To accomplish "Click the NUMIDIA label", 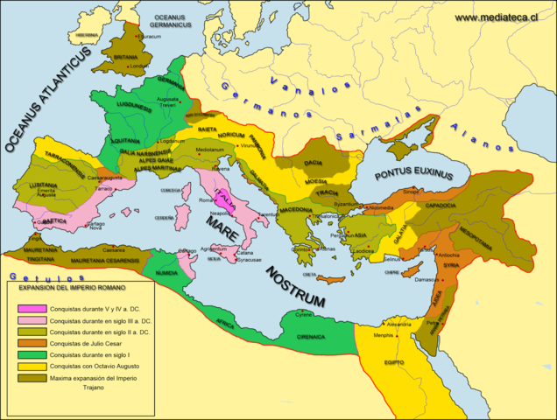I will click(x=167, y=272).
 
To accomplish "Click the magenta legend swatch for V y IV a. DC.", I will click(x=35, y=309).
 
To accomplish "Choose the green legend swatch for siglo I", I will click(x=35, y=354).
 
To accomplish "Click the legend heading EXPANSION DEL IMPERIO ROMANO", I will click(x=74, y=286).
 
